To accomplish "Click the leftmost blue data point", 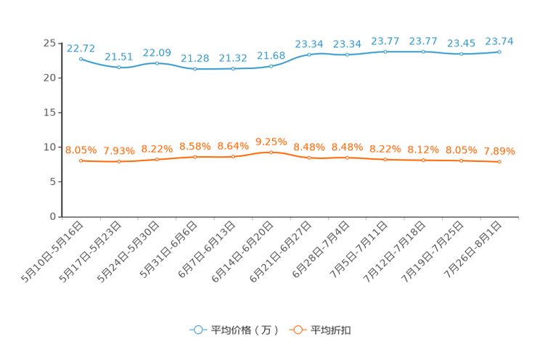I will pyautogui.click(x=81, y=59).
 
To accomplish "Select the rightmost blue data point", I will pyautogui.click(x=499, y=52).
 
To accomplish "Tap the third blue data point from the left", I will pyautogui.click(x=157, y=63).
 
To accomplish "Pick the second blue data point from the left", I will pyautogui.click(x=119, y=67).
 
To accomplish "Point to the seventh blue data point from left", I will pyautogui.click(x=309, y=54).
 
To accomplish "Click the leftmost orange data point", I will pyautogui.click(x=81, y=160).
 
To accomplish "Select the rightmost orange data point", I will pyautogui.click(x=499, y=162).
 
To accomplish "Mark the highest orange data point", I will pyautogui.click(x=271, y=152).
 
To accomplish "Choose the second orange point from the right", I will pyautogui.click(x=461, y=160).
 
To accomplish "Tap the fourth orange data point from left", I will pyautogui.click(x=195, y=157).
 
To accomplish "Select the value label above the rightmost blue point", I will pyautogui.click(x=499, y=41).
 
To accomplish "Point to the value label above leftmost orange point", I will pyautogui.click(x=81, y=150).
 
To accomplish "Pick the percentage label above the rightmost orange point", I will pyautogui.click(x=499, y=151).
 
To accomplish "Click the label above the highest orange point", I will pyautogui.click(x=271, y=141).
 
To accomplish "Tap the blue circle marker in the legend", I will pyautogui.click(x=197, y=330).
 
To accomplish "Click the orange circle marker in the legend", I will pyautogui.click(x=298, y=330).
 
